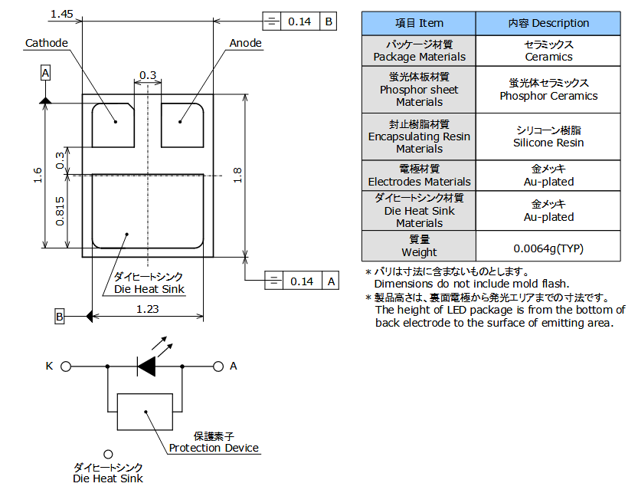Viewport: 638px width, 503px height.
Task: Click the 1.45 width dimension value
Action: pyautogui.click(x=61, y=14)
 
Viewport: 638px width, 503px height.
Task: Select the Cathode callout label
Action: pyautogui.click(x=47, y=43)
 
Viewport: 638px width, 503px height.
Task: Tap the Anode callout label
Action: pyautogui.click(x=245, y=43)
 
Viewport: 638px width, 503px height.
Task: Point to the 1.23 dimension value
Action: pyautogui.click(x=147, y=309)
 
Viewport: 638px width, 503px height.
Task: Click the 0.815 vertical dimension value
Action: pyautogui.click(x=60, y=211)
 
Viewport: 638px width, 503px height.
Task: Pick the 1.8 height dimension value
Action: pyautogui.click(x=237, y=175)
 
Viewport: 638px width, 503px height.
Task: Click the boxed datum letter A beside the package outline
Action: pyautogui.click(x=46, y=74)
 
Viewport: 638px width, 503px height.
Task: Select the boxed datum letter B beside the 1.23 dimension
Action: pyautogui.click(x=60, y=317)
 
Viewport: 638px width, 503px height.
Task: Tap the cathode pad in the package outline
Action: pyautogui.click(x=113, y=126)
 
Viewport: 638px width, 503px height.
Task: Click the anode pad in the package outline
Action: pyautogui.click(x=182, y=126)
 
